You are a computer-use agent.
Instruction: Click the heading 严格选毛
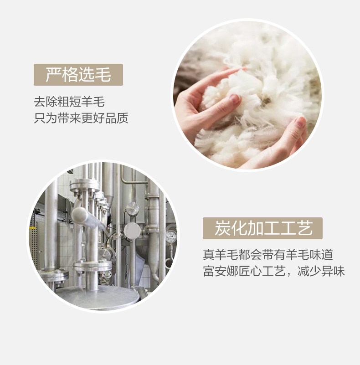tap(78, 74)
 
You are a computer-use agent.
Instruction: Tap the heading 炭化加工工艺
tap(263, 228)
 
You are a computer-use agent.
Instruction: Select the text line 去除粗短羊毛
tap(69, 102)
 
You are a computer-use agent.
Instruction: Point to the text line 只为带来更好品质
tap(81, 118)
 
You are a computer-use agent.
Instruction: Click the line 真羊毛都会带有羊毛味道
tap(268, 254)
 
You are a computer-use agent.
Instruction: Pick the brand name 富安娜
tap(221, 271)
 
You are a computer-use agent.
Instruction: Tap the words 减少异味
tap(321, 271)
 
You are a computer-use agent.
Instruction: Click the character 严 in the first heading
tap(53, 74)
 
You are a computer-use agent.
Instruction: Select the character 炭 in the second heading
tap(222, 228)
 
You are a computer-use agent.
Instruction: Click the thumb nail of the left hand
tap(234, 99)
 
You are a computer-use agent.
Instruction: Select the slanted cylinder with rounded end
tap(87, 218)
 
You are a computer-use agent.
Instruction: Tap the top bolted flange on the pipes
tap(85, 185)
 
